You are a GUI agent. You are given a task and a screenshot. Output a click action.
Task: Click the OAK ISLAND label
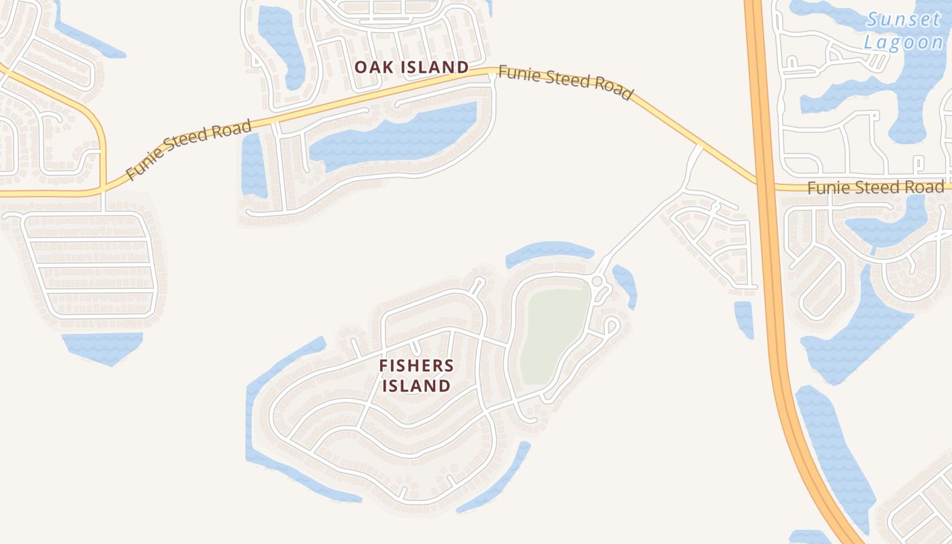click(x=411, y=67)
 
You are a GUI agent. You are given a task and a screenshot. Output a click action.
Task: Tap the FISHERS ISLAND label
click(x=416, y=375)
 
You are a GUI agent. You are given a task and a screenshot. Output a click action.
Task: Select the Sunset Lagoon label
click(x=904, y=31)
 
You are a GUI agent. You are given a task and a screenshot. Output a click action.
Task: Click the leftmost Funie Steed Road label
click(x=188, y=149)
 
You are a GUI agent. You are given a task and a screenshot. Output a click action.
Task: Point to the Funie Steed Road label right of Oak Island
click(x=565, y=82)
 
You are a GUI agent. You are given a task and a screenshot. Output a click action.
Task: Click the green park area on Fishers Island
click(x=554, y=333)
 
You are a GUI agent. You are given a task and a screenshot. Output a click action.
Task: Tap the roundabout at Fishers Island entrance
click(x=598, y=281)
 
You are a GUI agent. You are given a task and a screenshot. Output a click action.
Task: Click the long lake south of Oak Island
click(x=394, y=136)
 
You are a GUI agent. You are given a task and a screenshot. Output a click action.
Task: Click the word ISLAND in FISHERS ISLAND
click(x=416, y=386)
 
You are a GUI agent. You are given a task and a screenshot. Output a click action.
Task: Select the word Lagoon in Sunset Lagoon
click(x=904, y=42)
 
